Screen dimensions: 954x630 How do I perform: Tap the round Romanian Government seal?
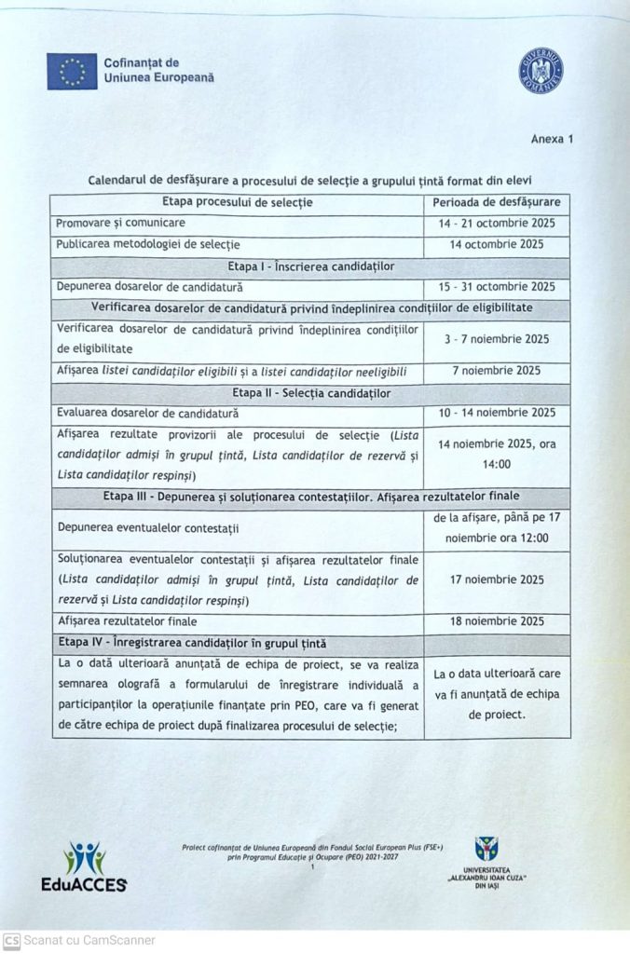[x=541, y=71]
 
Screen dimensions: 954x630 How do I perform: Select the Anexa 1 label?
[x=552, y=139]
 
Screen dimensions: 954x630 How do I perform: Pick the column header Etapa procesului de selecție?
[x=237, y=202]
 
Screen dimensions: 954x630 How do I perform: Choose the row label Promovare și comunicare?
[x=120, y=224]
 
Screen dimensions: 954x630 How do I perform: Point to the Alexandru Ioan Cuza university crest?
[x=486, y=849]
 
